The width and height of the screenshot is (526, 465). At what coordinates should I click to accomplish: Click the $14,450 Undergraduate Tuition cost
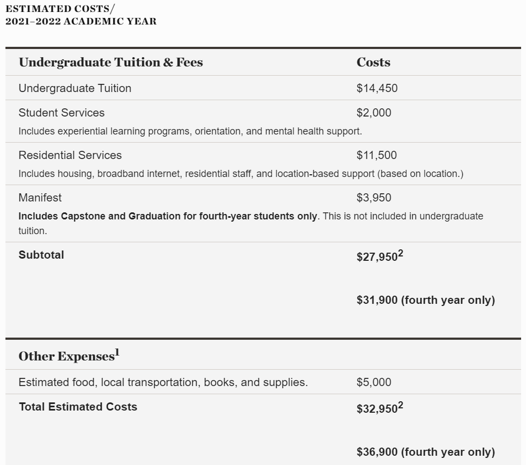pos(377,88)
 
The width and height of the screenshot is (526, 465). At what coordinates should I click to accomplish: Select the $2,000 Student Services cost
pos(374,113)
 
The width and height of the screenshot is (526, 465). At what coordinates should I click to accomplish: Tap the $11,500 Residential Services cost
pos(376,155)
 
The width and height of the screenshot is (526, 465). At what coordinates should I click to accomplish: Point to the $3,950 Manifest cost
pos(374,198)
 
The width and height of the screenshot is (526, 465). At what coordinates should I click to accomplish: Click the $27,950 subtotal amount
pos(377,257)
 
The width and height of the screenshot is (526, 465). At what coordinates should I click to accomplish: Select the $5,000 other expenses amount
pos(374,382)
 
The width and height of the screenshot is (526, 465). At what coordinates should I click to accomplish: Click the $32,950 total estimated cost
pos(377,409)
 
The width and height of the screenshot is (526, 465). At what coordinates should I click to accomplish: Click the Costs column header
pos(373,62)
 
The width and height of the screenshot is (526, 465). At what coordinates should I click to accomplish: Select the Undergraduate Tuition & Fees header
pos(111,62)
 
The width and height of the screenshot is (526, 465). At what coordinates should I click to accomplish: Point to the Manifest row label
pos(40,198)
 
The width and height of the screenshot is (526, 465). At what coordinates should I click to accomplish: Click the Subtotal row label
pos(41,255)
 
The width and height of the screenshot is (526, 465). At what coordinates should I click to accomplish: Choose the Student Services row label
pos(61,113)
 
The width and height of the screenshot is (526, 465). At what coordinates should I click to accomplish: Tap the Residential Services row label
pos(70,155)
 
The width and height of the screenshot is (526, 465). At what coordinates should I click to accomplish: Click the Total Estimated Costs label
pos(77,407)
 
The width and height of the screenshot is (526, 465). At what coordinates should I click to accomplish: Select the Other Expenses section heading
pos(66,356)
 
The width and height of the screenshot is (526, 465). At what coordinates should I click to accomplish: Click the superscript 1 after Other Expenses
pos(117,353)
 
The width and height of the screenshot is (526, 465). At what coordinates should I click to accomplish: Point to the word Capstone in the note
pos(83,216)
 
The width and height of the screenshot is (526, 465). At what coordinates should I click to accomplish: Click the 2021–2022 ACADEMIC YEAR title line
pos(81,22)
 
